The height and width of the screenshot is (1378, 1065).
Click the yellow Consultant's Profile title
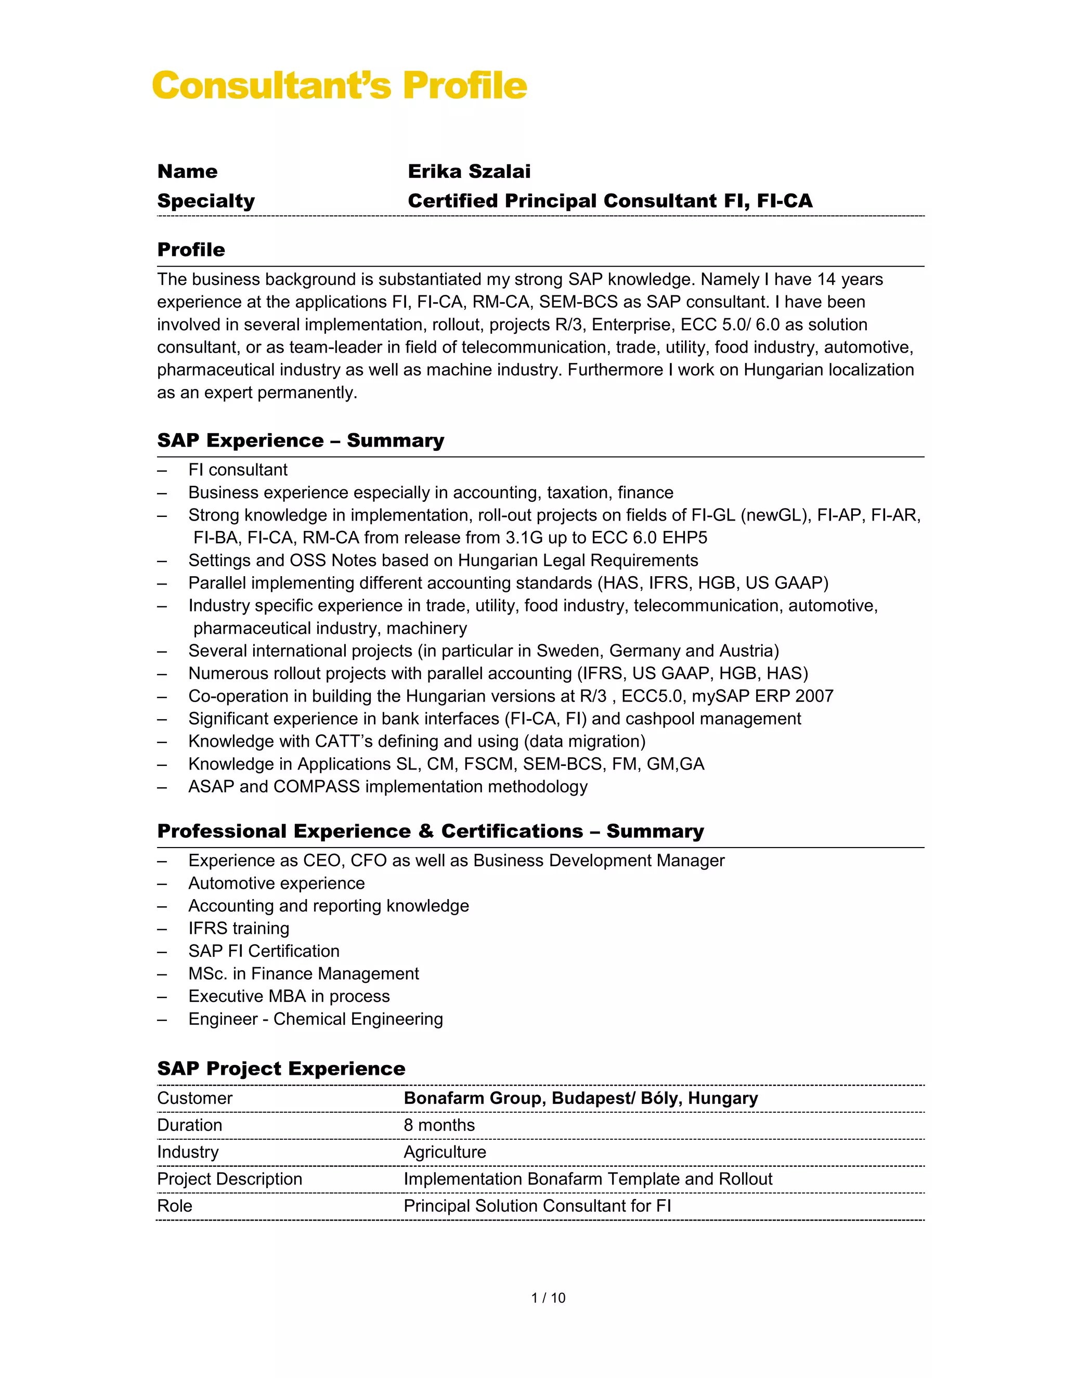[339, 86]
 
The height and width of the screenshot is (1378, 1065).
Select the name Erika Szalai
[469, 171]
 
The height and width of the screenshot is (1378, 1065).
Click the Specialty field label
[206, 201]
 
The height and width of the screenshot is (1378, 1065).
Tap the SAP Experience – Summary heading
[301, 440]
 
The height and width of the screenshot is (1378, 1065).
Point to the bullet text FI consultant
[237, 470]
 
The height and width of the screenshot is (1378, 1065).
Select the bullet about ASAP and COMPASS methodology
[387, 786]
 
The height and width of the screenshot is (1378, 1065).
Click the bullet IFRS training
[239, 928]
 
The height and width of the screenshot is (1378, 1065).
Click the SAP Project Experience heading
[281, 1068]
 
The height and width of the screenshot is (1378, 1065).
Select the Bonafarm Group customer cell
[580, 1098]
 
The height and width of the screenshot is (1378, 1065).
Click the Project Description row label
[230, 1179]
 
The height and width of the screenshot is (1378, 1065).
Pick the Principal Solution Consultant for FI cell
[537, 1206]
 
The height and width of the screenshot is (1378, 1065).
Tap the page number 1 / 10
[548, 1298]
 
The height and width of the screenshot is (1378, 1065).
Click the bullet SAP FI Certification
[264, 951]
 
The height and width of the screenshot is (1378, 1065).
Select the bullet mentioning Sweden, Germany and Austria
[483, 651]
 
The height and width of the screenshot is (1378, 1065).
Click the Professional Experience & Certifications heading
[430, 831]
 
